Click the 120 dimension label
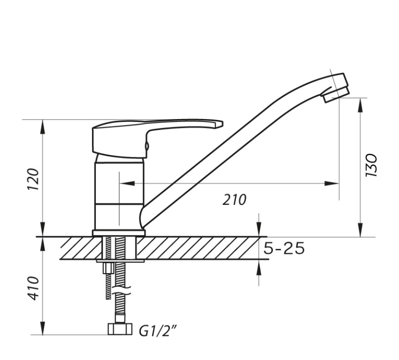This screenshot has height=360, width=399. point(33,179)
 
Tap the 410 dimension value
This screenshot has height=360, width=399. point(33,288)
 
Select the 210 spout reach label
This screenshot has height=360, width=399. point(234,200)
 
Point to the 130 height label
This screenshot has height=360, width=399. point(371,165)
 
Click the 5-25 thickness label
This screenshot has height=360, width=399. point(284,248)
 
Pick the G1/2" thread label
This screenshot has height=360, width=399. point(158,331)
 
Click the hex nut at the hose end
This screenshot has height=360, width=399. point(120,329)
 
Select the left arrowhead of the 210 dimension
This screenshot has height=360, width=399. point(127,183)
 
